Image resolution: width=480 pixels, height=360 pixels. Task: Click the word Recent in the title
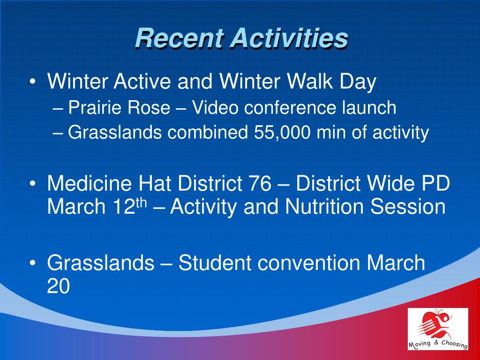tap(179, 38)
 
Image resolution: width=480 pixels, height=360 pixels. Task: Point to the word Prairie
tap(91, 107)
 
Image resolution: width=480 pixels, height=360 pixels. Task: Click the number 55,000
tap(282, 133)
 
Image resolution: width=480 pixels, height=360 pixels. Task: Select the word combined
tap(207, 133)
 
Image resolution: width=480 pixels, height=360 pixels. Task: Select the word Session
tap(408, 206)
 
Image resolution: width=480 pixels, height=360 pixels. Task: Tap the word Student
tap(215, 262)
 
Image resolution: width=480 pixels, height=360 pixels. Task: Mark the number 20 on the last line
tap(59, 286)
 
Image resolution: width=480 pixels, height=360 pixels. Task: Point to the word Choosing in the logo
tap(454, 343)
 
